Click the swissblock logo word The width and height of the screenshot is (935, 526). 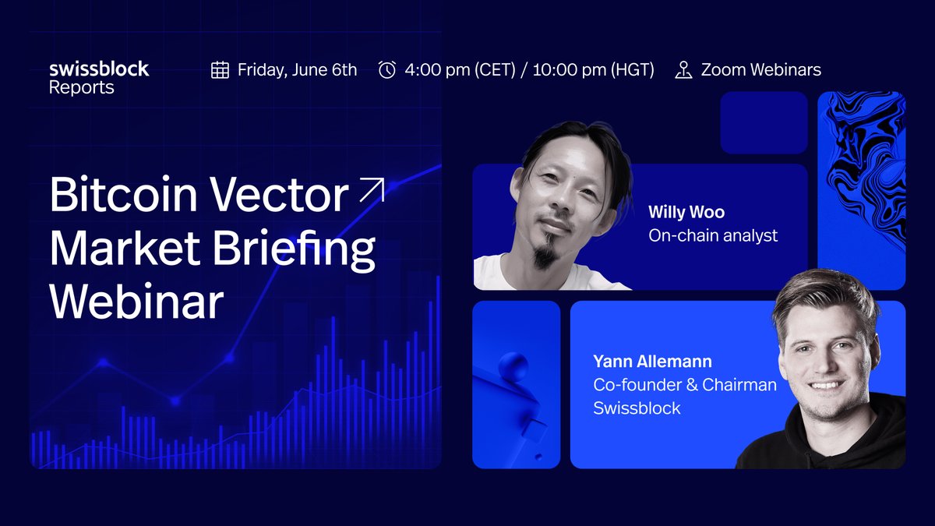[98, 69]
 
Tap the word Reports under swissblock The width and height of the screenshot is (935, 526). [81, 88]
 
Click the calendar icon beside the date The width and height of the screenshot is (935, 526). [220, 70]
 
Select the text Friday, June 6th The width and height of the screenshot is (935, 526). [297, 70]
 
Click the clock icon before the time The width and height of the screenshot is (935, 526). [386, 70]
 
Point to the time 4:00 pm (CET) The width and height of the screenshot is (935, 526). [460, 70]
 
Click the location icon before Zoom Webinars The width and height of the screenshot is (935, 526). [683, 70]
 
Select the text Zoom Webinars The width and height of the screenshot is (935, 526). [760, 70]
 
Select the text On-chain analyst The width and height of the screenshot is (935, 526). [712, 235]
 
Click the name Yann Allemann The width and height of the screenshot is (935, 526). [652, 362]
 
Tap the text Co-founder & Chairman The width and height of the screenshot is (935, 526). [684, 385]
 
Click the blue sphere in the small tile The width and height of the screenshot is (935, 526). [513, 365]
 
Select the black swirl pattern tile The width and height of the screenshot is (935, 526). [861, 190]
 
